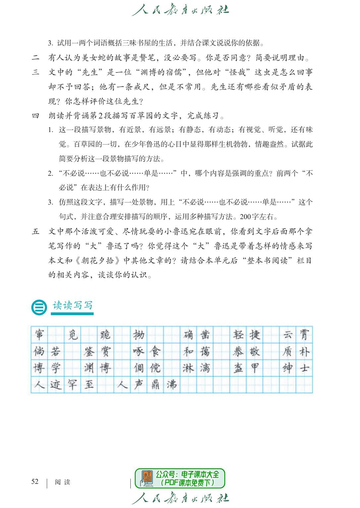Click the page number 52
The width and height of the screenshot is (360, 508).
click(x=35, y=482)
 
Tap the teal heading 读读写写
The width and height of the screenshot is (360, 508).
click(x=72, y=305)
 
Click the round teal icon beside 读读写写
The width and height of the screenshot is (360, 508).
click(x=39, y=307)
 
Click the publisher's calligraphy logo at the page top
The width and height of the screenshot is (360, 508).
click(x=180, y=11)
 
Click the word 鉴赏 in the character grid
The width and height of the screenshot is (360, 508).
click(x=97, y=351)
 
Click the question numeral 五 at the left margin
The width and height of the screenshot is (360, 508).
click(x=35, y=232)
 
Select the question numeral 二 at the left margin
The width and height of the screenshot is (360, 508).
click(x=35, y=58)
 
